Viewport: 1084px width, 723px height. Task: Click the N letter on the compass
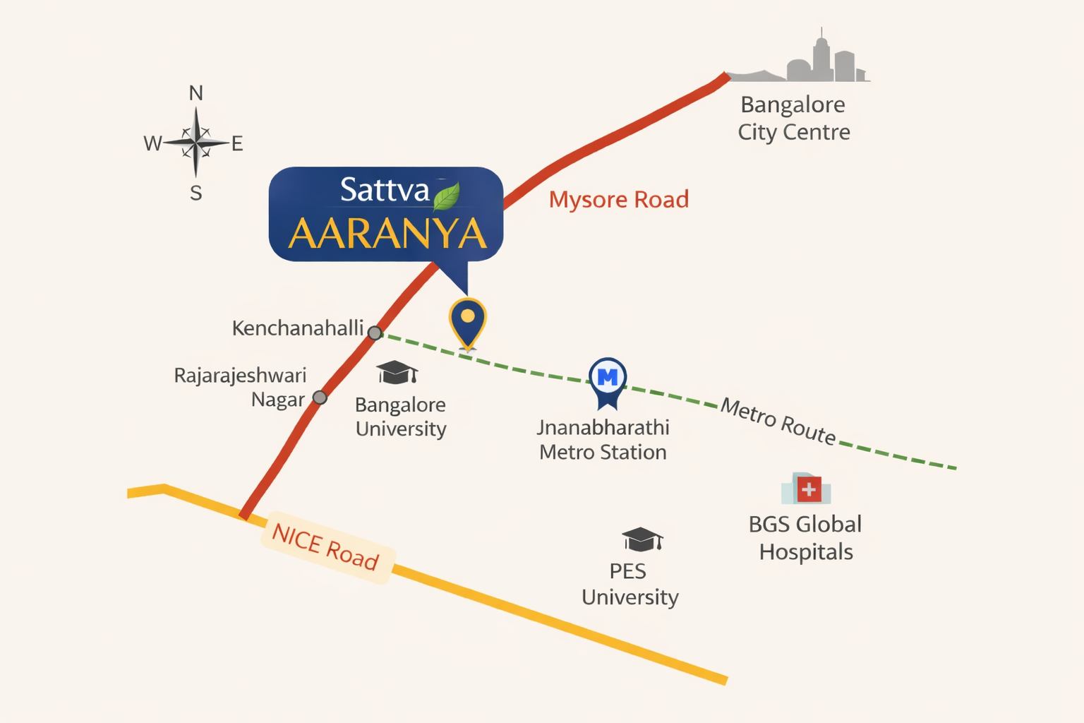tap(196, 93)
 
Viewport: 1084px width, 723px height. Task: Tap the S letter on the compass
tap(196, 193)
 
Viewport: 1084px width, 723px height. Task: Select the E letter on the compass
tap(237, 144)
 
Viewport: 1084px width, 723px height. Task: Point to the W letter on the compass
tap(152, 144)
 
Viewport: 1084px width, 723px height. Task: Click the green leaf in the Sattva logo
tap(446, 197)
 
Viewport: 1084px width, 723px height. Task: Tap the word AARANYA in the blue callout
tap(387, 234)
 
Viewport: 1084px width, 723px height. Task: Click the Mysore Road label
tap(618, 200)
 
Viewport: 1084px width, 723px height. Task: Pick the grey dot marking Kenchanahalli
tap(375, 333)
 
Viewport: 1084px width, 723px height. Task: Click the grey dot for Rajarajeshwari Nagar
tap(320, 398)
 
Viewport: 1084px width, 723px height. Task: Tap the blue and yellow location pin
tap(467, 321)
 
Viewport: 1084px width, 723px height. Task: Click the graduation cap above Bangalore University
tap(397, 372)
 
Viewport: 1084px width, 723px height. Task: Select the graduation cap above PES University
tap(642, 539)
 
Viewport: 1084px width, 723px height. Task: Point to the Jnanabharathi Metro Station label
tap(603, 439)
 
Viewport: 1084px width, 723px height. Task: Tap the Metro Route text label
tap(778, 422)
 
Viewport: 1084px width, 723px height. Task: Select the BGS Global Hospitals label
tap(805, 537)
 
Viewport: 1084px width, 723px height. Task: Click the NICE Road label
tap(326, 547)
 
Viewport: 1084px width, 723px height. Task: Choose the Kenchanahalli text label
tap(298, 328)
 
